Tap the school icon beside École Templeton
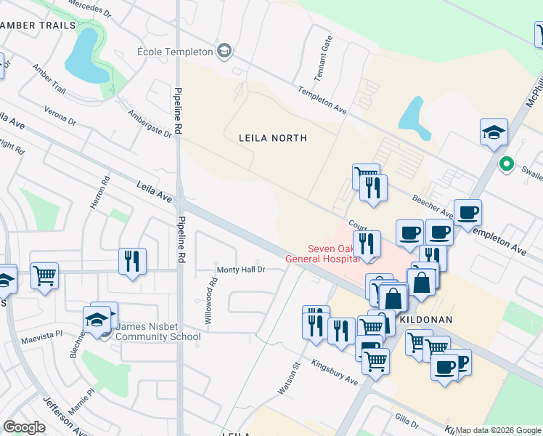[224, 51]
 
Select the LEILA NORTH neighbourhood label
[274, 137]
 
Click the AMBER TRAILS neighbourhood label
[38, 25]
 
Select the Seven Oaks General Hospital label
[322, 253]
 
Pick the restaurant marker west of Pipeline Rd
[132, 261]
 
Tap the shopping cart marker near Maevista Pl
[44, 275]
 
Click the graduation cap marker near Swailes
[494, 132]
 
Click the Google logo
[25, 427]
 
